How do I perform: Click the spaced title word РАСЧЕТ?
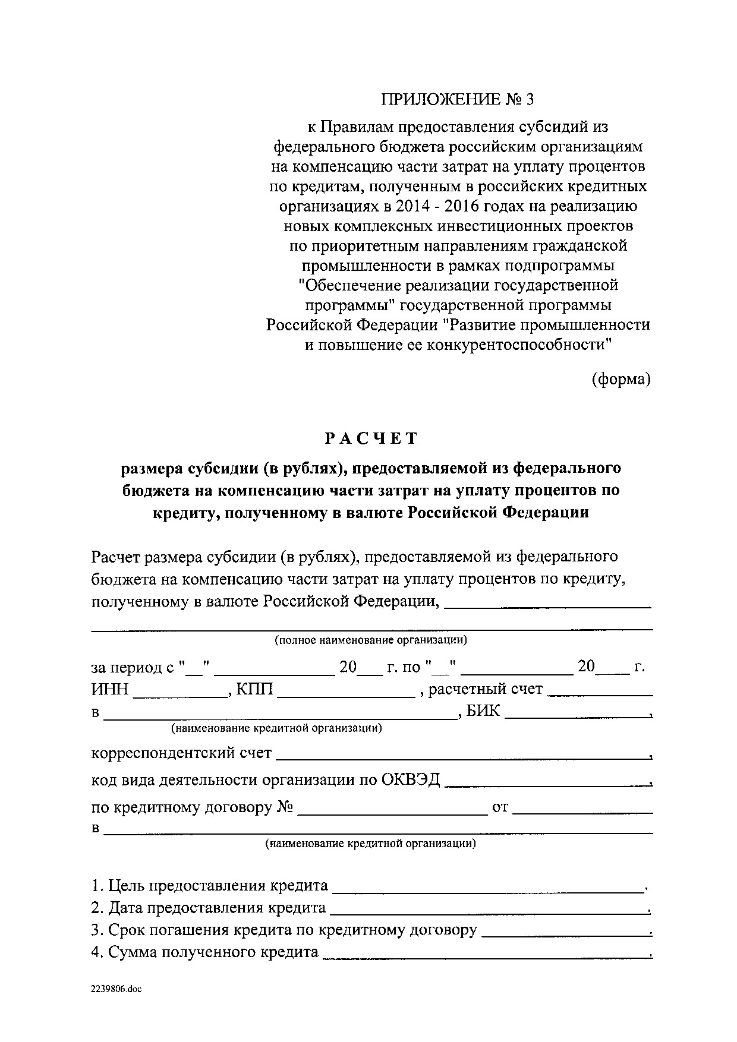pos(371,438)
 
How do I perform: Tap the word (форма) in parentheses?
pos(621,379)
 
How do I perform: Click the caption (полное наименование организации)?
pos(370,640)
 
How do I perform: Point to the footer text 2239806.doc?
pos(117,989)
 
